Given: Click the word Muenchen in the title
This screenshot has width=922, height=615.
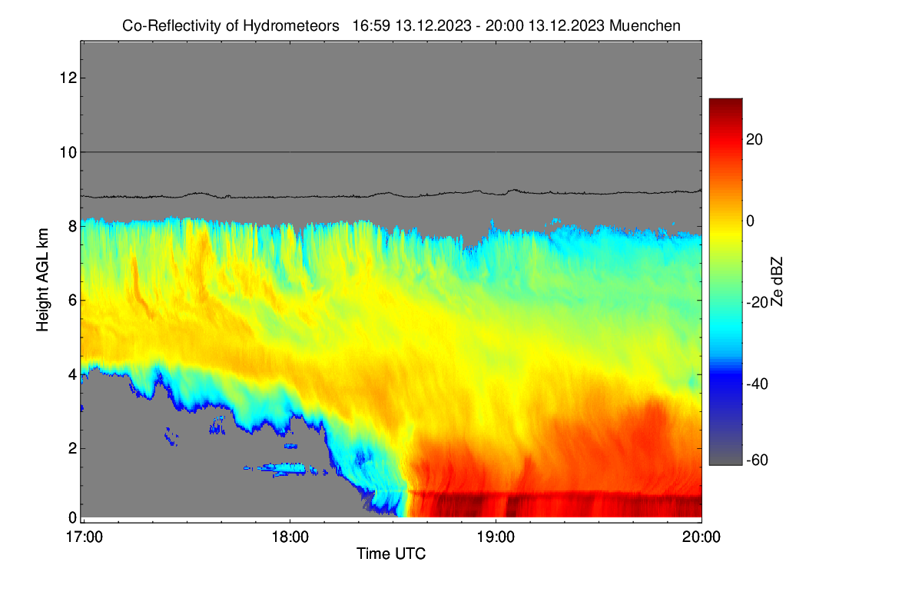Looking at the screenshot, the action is click(645, 26).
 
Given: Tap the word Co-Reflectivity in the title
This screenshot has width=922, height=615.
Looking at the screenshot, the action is click(172, 26).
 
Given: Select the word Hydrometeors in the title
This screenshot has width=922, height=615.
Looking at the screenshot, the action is click(291, 26).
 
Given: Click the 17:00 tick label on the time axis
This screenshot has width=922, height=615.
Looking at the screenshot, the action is click(85, 537).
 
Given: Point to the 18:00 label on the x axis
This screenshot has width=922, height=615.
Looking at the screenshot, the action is click(290, 537).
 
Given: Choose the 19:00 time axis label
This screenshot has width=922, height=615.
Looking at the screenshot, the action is click(496, 537).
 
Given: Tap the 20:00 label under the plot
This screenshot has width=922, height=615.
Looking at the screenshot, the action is click(701, 537).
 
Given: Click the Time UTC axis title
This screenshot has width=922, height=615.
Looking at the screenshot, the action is click(391, 554).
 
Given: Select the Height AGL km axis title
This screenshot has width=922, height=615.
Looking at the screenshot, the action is click(42, 280).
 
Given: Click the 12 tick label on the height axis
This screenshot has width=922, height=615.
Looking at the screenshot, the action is click(68, 78).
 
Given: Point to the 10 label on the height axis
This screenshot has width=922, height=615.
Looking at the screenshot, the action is click(68, 152).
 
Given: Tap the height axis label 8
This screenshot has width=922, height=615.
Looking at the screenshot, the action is click(72, 226).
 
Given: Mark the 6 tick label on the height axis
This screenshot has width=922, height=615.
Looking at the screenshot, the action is click(72, 301).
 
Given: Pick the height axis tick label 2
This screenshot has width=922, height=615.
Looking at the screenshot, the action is click(72, 448).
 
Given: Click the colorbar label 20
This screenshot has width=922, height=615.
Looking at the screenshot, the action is click(755, 140).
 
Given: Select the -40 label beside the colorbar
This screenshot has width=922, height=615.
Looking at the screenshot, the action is click(758, 384).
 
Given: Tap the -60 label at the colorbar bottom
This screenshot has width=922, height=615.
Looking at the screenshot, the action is click(758, 460).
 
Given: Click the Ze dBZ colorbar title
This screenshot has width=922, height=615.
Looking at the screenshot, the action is click(776, 281).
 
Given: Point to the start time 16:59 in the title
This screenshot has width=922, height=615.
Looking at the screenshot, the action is click(371, 26).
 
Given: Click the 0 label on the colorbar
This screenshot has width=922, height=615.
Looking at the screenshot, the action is click(751, 221).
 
